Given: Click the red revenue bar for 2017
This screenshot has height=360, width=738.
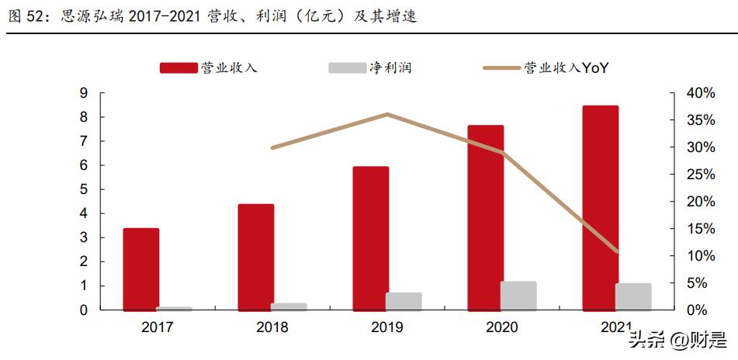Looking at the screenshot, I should point(141,269).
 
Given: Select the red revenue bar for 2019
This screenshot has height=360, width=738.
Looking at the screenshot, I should point(371,238).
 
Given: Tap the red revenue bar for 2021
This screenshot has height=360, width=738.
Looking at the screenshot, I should point(600,208).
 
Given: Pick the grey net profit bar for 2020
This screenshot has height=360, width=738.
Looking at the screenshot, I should point(518,296).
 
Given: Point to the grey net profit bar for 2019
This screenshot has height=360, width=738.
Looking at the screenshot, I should point(404,302).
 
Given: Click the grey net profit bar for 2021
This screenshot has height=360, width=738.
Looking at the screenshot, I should point(633,297).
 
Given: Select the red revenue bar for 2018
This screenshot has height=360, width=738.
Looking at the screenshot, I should point(256,257).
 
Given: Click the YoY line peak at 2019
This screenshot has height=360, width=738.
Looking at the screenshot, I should point(387,114).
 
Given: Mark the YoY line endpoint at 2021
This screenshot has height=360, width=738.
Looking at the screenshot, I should point(617,251).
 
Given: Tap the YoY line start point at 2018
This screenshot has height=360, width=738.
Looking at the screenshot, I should point(272,147).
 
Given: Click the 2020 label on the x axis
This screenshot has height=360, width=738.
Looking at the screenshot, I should point(501,327).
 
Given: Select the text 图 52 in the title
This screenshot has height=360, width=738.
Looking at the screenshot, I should point(24,16).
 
